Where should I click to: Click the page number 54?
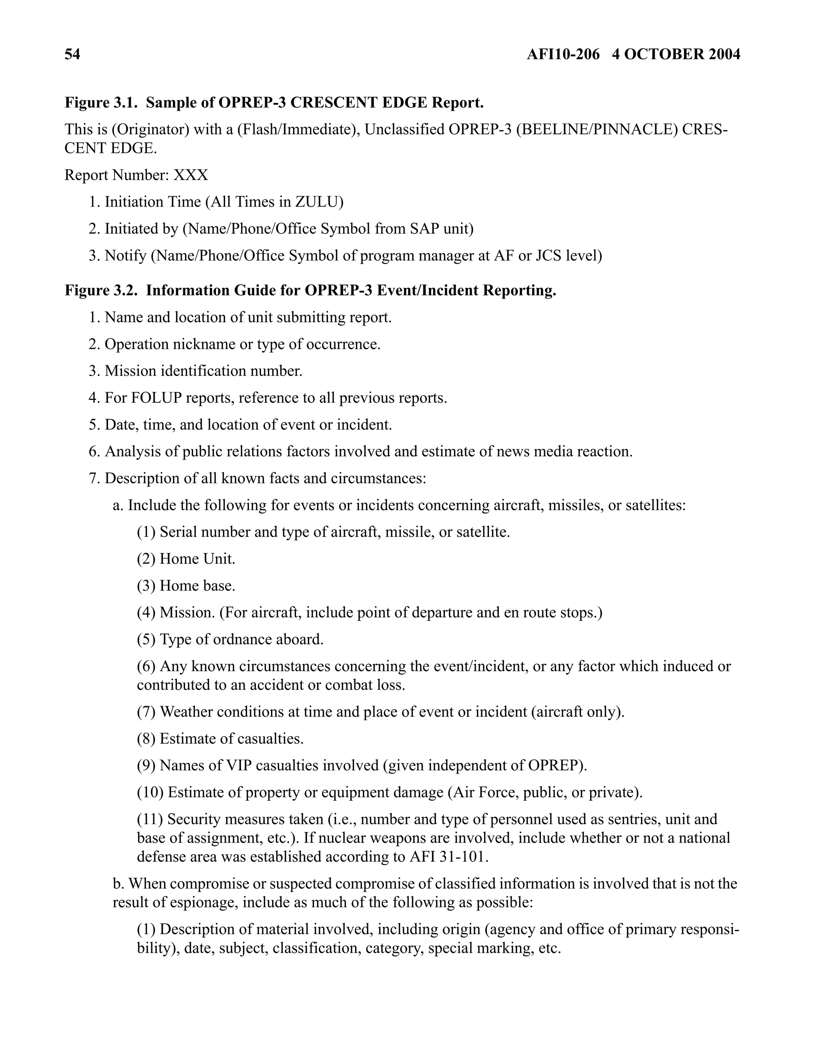[x=72, y=54]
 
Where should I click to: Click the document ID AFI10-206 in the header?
[x=563, y=54]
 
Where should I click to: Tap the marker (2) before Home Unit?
[x=146, y=559]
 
